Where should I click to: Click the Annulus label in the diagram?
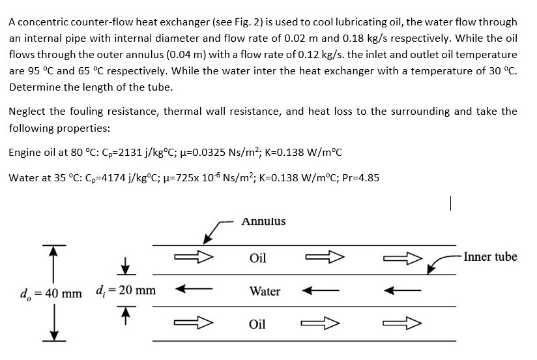point(263,222)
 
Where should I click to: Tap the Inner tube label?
point(491,256)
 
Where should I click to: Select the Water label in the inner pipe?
point(265,292)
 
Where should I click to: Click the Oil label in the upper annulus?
point(258,258)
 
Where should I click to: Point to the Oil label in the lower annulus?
point(258,324)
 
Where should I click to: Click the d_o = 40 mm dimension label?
point(45,292)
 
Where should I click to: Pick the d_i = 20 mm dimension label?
point(125,290)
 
